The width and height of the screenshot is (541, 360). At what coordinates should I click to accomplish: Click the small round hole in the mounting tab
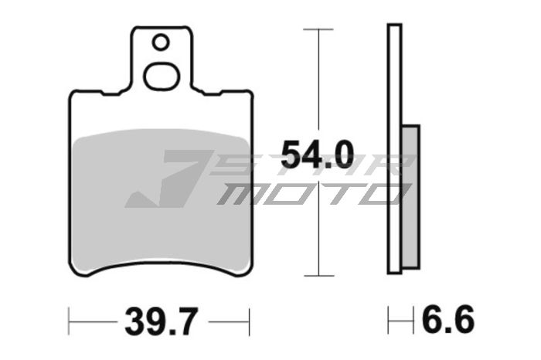click(161, 42)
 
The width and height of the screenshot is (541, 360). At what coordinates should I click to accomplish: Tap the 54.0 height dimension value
click(317, 155)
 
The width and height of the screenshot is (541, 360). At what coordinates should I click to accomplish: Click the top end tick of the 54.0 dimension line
click(317, 29)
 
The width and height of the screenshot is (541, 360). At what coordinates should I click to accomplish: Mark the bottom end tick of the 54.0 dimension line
click(317, 275)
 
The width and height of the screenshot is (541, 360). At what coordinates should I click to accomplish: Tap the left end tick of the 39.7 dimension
click(70, 318)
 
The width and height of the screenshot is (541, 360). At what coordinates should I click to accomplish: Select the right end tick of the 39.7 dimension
click(250, 318)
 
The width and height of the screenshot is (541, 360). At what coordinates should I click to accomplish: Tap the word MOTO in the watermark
click(309, 193)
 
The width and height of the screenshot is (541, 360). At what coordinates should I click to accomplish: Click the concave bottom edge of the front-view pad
click(161, 261)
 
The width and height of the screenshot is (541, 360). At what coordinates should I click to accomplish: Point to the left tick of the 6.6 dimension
click(391, 318)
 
